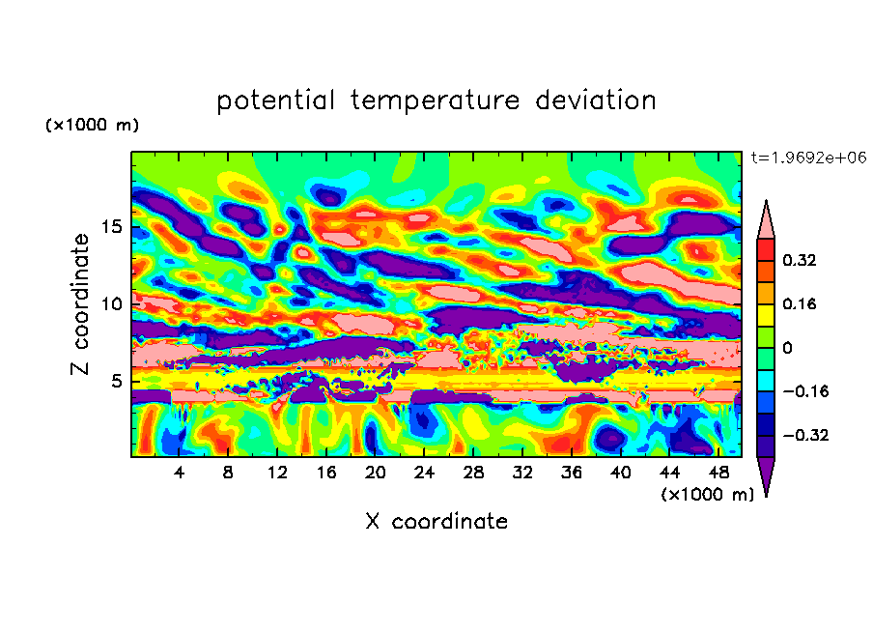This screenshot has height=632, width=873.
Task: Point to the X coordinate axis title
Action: (x=436, y=522)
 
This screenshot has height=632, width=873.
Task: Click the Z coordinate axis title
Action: (x=81, y=304)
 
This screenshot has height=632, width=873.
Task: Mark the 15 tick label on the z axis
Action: (x=112, y=228)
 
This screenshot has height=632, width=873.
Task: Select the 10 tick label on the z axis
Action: (x=112, y=304)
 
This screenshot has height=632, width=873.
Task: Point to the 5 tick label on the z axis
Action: (x=117, y=382)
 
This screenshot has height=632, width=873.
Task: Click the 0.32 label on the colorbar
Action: (x=801, y=260)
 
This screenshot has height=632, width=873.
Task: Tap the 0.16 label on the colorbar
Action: (x=801, y=303)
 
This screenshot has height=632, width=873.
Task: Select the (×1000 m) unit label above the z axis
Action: (x=92, y=126)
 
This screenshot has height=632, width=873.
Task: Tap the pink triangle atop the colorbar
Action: (x=766, y=220)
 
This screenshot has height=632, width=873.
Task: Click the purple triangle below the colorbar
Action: (x=766, y=475)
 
